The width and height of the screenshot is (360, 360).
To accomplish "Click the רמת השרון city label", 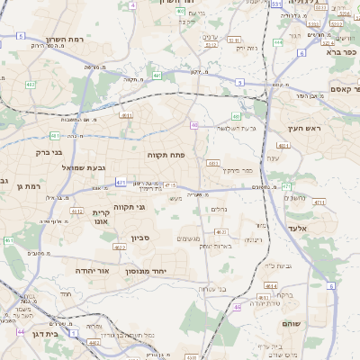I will [63, 40].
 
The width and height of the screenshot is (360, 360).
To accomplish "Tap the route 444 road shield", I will [278, 41].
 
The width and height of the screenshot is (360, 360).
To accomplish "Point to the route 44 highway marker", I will [20, 331].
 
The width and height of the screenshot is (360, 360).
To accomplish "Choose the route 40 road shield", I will [194, 125].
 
